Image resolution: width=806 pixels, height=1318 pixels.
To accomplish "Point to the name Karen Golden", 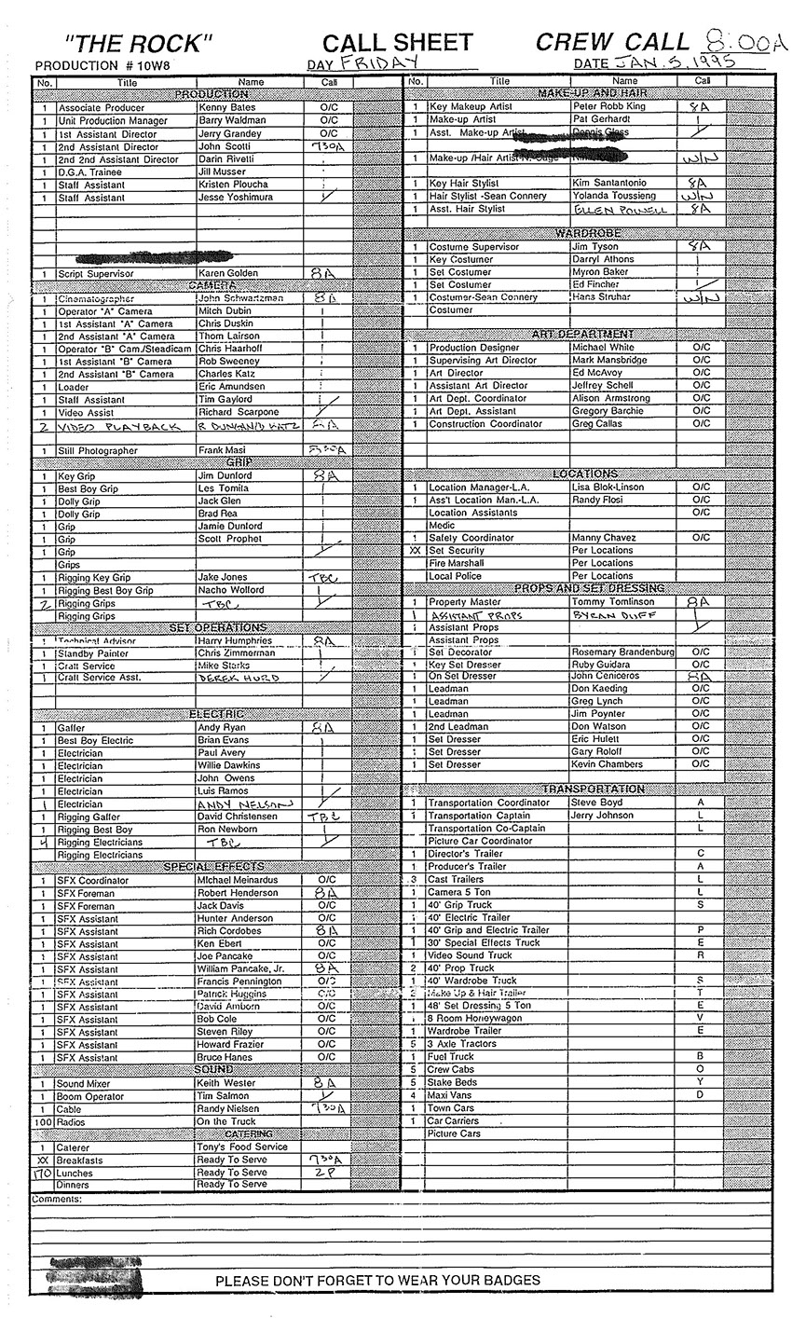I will click(x=227, y=273).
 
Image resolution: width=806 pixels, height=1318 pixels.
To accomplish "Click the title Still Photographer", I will click(x=97, y=451).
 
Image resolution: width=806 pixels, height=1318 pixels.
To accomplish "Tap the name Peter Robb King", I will click(x=608, y=107).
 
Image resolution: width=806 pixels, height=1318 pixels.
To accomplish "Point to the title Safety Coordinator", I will click(x=471, y=538).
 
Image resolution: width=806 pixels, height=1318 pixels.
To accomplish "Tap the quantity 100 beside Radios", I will click(x=43, y=1121).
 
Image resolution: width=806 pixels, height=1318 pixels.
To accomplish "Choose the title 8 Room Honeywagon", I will click(x=474, y=1019).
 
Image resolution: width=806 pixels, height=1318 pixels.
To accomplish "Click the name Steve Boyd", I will click(x=596, y=803).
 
